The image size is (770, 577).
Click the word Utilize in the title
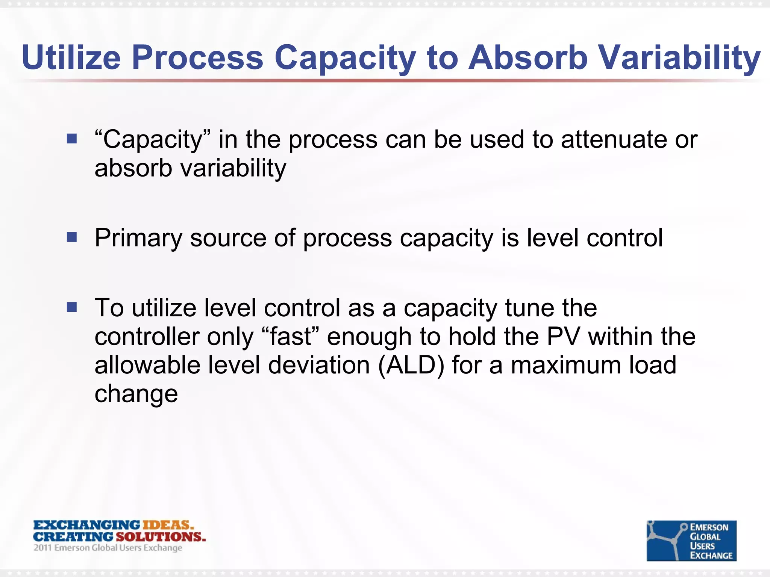click(71, 58)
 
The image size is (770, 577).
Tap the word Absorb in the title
click(527, 58)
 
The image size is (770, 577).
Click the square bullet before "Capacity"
click(71, 139)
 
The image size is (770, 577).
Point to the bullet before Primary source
click(71, 237)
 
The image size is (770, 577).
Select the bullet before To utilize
click(71, 307)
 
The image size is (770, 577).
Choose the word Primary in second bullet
click(138, 238)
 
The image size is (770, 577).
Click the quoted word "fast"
click(290, 337)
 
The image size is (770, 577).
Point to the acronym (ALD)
click(411, 365)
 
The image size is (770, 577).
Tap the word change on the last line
click(136, 394)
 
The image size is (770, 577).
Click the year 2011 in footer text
click(42, 548)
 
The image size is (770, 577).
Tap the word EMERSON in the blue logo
click(709, 527)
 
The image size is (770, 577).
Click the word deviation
click(319, 365)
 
